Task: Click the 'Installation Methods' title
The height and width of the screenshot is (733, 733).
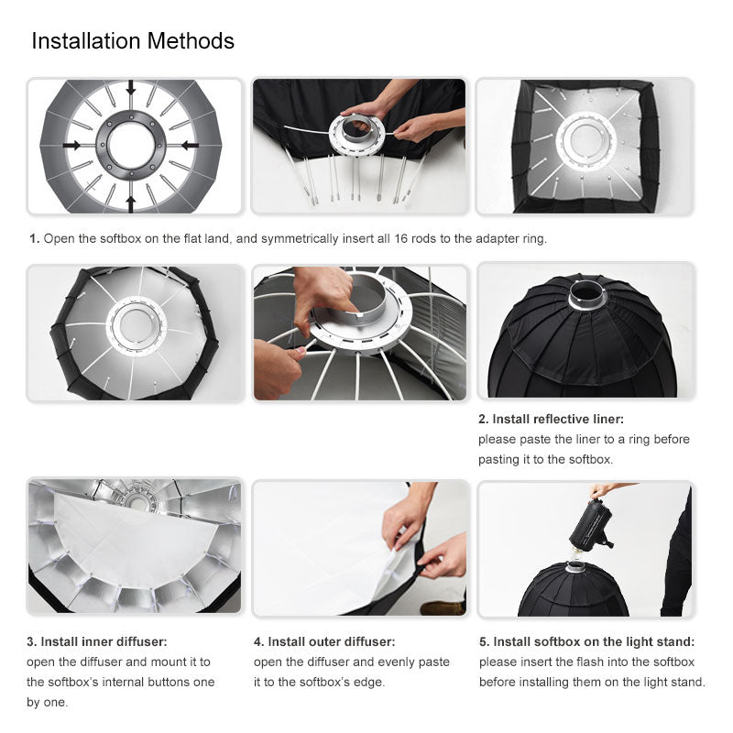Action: [x=133, y=40]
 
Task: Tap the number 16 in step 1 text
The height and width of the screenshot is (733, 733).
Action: [x=400, y=238]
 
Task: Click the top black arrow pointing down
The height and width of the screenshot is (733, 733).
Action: [x=131, y=87]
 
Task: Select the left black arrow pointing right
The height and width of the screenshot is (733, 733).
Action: [x=71, y=146]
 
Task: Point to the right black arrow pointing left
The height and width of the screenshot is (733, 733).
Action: [x=191, y=146]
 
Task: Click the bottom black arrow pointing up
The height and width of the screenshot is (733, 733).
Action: [x=131, y=203]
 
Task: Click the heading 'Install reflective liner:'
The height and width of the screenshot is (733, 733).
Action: [x=558, y=419]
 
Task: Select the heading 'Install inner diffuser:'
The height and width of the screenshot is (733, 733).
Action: [x=104, y=641]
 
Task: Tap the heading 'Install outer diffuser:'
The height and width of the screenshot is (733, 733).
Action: [x=331, y=641]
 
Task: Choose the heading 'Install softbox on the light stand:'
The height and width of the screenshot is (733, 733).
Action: [x=594, y=641]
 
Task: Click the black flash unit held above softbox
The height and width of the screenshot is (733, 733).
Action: [x=591, y=525]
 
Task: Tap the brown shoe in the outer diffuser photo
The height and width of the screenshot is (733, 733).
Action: [x=443, y=607]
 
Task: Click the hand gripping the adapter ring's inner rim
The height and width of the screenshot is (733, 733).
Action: [x=325, y=299]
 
